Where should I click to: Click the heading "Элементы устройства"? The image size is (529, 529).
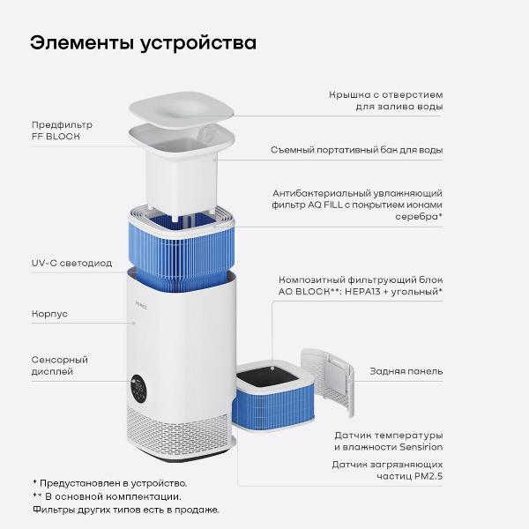coord(144,43)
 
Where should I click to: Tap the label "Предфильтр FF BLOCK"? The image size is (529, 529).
coord(62,130)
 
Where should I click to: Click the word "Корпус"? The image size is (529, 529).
coord(50,313)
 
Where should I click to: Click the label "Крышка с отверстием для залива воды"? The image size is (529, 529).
coord(385,100)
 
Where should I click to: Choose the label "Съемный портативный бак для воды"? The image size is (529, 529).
coord(356,150)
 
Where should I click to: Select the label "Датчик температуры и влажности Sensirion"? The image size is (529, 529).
coord(388,441)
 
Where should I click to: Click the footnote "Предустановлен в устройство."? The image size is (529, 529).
coord(115,482)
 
